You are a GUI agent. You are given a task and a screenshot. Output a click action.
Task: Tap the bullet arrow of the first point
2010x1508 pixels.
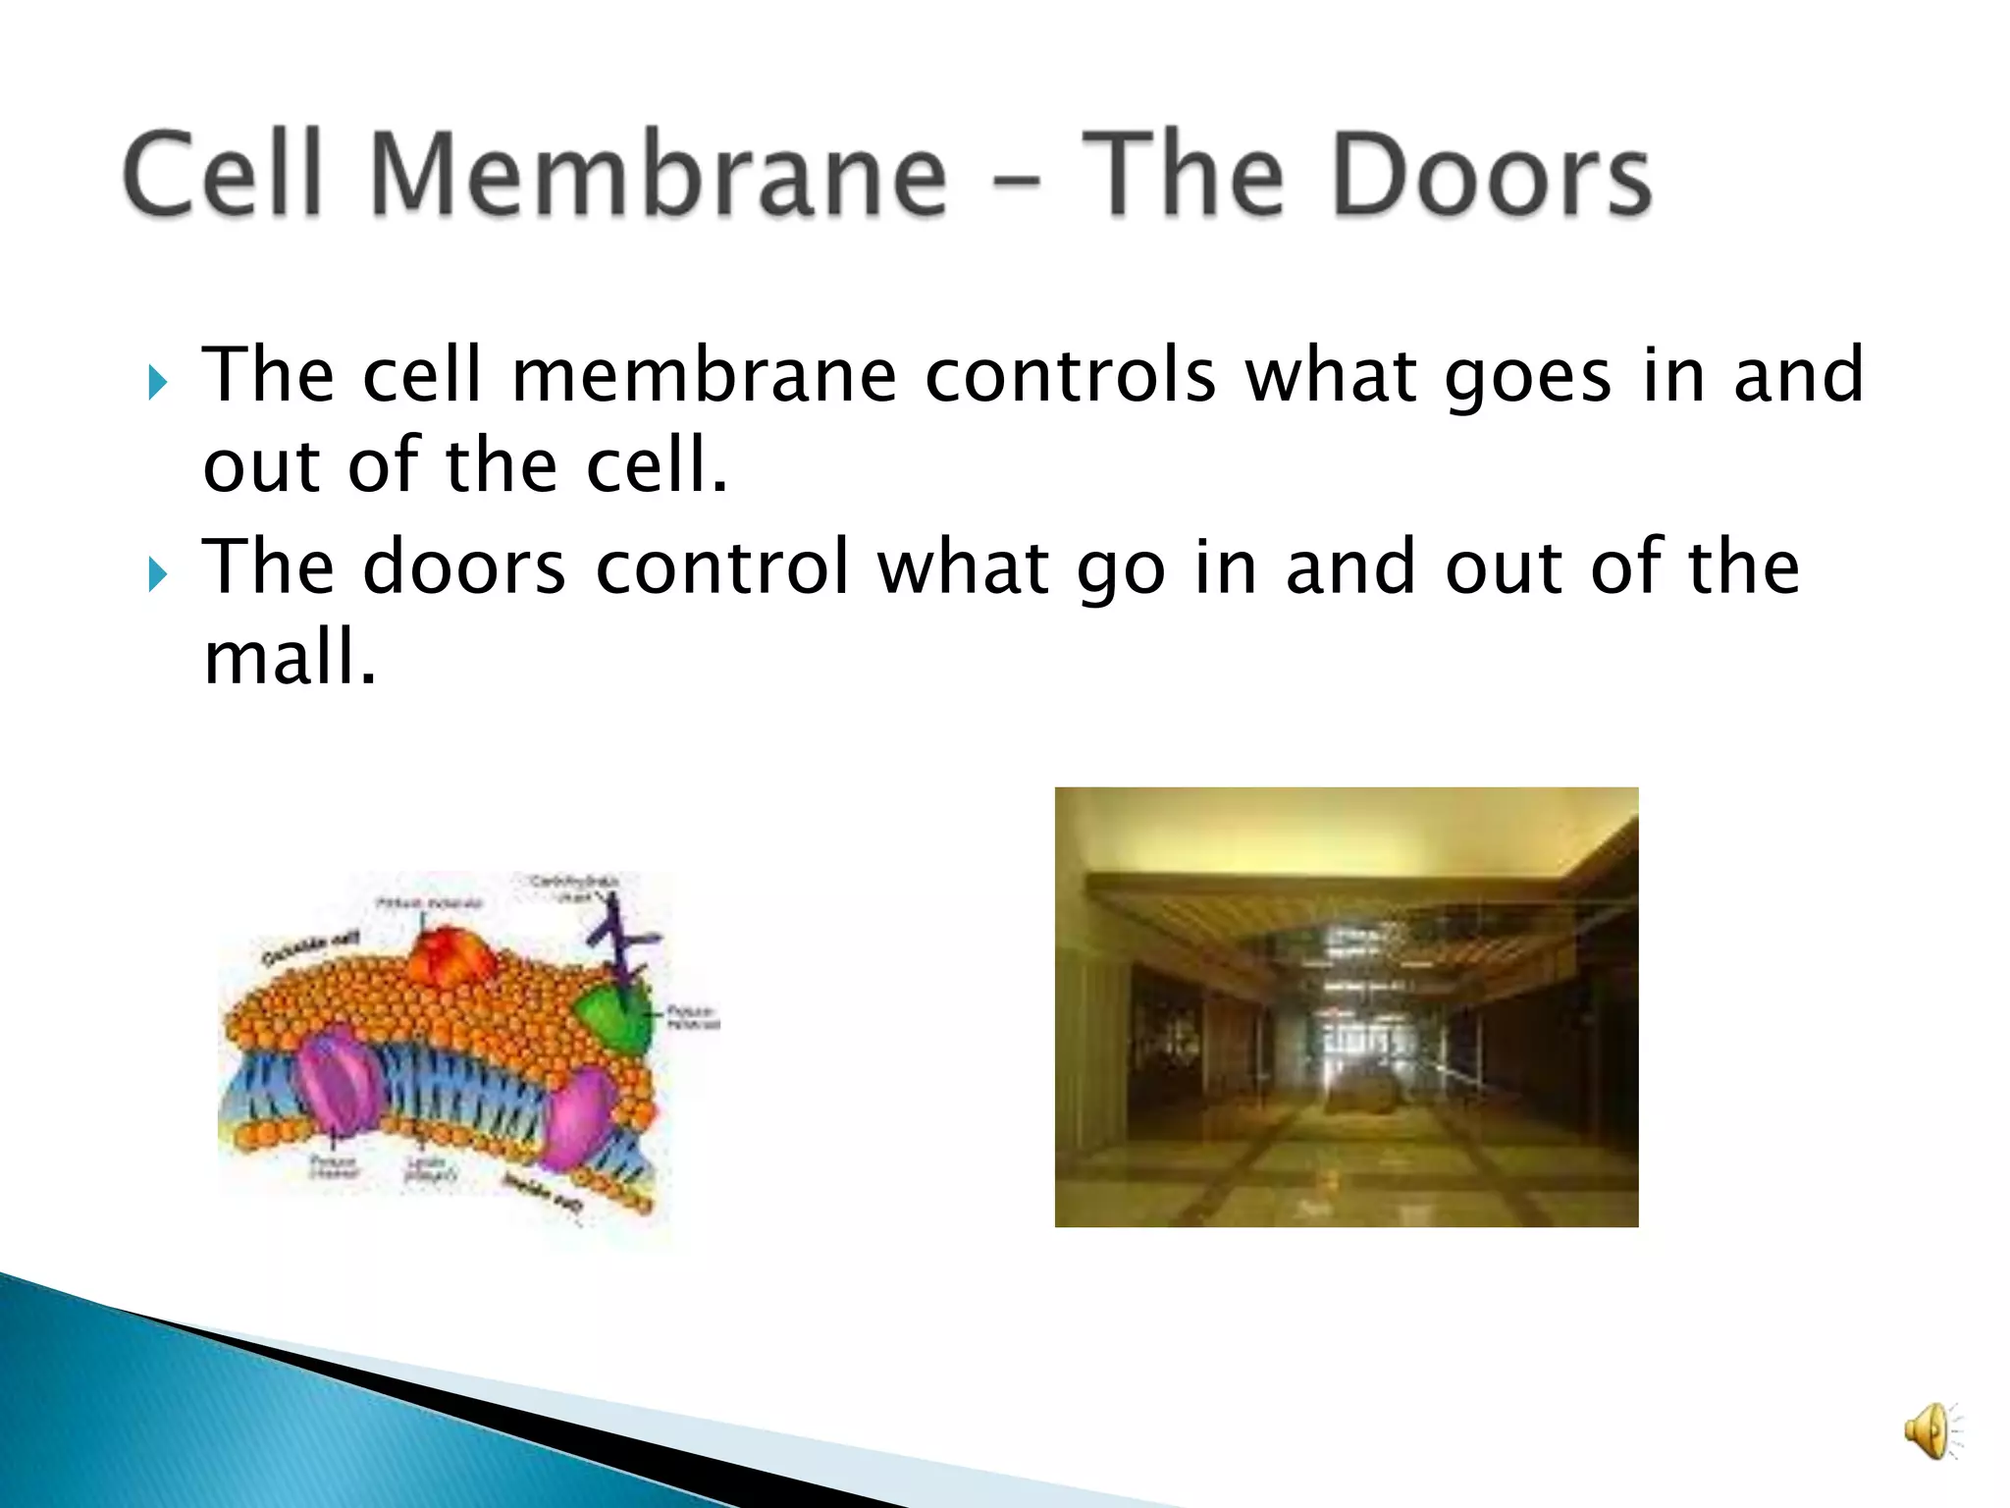[x=157, y=382]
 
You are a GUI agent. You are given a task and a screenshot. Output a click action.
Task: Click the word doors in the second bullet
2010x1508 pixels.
[x=464, y=567]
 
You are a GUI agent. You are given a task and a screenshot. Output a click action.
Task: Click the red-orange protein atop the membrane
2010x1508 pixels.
[x=453, y=957]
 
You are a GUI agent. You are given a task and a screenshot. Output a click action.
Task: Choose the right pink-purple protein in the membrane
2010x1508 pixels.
[x=579, y=1119]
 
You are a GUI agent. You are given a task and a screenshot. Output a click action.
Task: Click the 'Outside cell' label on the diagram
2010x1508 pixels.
[x=310, y=948]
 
